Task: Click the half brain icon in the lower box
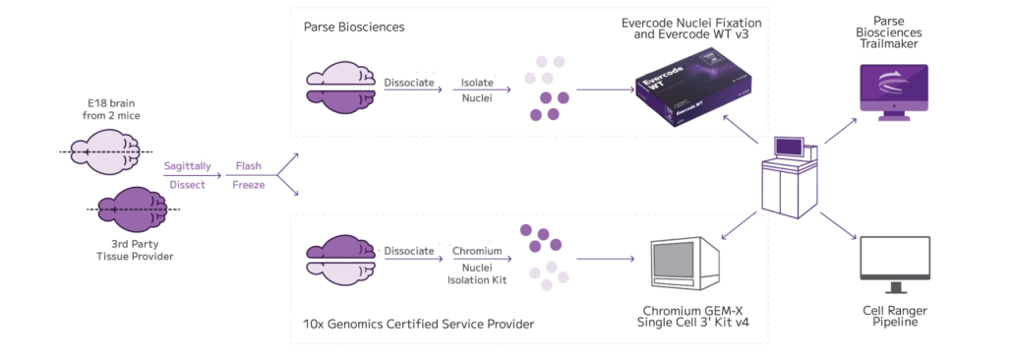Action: pyautogui.click(x=339, y=260)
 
